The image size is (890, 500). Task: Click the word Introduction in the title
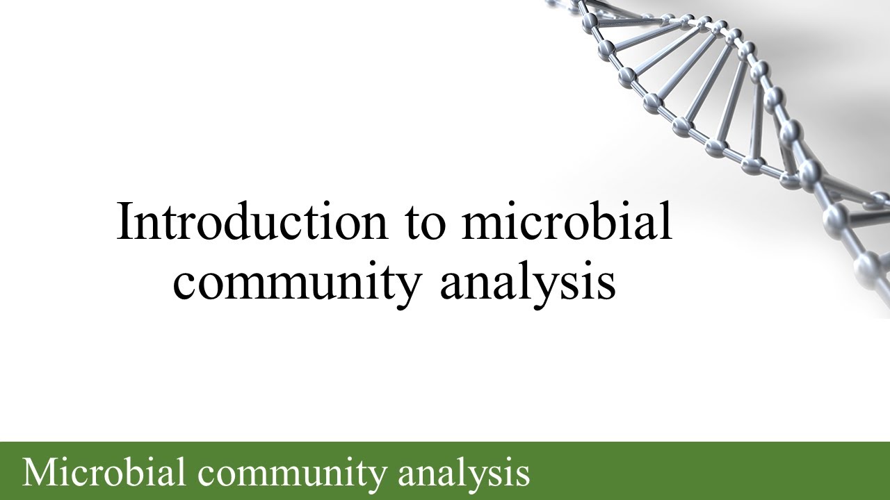click(x=252, y=222)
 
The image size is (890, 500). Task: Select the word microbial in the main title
click(x=567, y=222)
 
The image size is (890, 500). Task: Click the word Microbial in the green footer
click(x=104, y=472)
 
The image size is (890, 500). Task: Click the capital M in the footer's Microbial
click(x=38, y=472)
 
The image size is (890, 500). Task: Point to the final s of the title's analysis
click(x=607, y=285)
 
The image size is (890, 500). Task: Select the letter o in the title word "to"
click(x=433, y=225)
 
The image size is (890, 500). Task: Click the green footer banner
click(x=695, y=471)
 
